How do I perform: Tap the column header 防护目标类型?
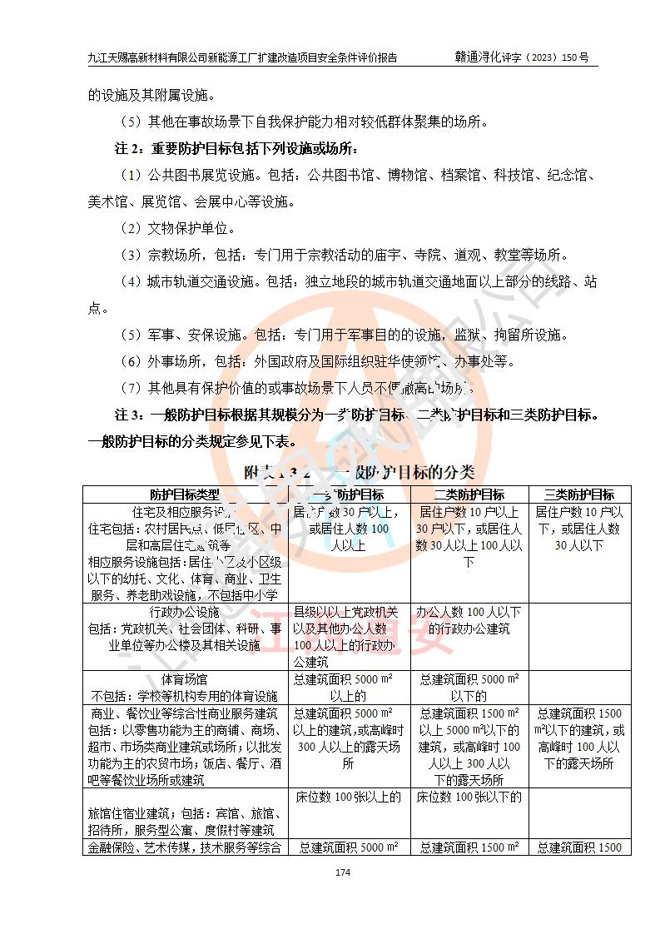tap(186, 494)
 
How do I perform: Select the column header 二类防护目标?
tap(469, 494)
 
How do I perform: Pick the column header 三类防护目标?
tap(579, 494)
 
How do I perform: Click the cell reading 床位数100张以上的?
tap(348, 797)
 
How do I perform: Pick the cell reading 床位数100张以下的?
tap(469, 797)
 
